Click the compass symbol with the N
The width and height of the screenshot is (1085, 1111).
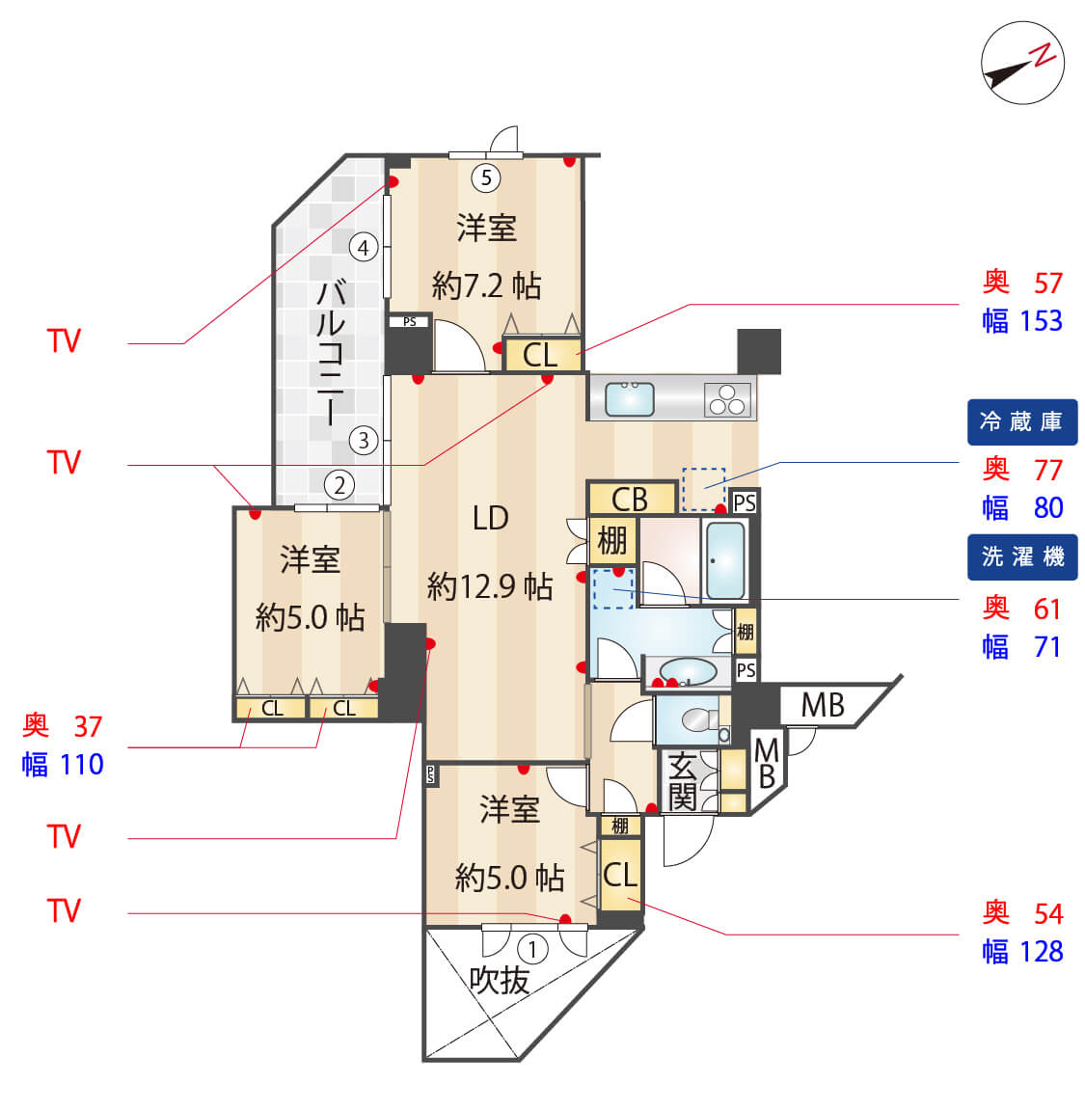[1022, 63]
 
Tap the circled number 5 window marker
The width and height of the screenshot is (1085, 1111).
[486, 177]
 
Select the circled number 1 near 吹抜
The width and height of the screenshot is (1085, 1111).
[532, 949]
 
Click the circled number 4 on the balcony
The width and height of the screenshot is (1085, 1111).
[364, 248]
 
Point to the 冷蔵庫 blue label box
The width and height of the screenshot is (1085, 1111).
[1021, 422]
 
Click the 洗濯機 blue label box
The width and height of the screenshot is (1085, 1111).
[1021, 557]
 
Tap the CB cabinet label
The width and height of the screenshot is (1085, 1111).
[630, 499]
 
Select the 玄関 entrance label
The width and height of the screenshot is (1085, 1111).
[682, 782]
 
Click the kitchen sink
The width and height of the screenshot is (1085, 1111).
[630, 398]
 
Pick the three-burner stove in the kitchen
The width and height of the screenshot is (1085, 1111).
[728, 398]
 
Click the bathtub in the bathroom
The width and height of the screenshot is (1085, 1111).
[725, 560]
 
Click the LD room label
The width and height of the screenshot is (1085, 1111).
[490, 519]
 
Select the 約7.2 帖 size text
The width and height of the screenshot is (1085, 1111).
[486, 285]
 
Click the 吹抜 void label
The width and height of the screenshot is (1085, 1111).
[500, 981]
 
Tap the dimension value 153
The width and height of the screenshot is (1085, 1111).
[1041, 321]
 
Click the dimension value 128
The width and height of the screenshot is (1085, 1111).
[1041, 952]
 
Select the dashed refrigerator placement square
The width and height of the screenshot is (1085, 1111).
[703, 489]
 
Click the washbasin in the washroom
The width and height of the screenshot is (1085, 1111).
[689, 670]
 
